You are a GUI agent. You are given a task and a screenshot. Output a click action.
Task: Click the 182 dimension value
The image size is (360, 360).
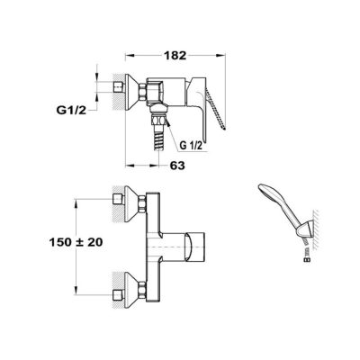coord(175,56)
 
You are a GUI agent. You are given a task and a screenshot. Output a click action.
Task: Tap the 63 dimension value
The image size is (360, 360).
coord(177,166)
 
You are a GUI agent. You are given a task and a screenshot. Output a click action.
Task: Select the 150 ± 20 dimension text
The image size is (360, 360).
coord(76,242)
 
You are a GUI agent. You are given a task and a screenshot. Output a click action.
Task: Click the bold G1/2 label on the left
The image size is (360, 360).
coord(71,111)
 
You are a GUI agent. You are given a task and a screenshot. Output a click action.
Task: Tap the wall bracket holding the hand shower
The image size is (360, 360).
coord(305,229)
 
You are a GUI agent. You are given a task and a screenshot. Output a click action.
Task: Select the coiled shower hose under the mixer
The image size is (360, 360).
coord(157,139)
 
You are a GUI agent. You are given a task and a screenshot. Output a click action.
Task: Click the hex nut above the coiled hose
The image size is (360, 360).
coord(159,121)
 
